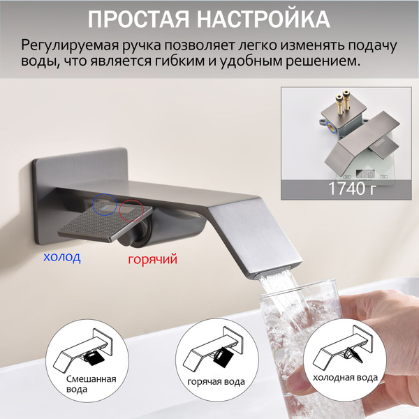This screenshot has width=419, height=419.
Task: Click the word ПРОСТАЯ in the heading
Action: click(138, 20)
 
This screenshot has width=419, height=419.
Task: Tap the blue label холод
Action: click(62, 257)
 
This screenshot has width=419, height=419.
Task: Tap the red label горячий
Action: click(152, 259)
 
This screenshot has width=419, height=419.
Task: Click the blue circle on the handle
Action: click(105, 205)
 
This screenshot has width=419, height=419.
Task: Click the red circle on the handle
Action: click(131, 210)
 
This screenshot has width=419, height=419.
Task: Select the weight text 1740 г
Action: click(352, 189)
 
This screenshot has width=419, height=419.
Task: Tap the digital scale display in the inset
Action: click(365, 174)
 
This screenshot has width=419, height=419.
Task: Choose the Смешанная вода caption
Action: click(91, 383)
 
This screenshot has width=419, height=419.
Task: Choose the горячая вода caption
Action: click(216, 381)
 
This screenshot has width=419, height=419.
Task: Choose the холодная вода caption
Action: click(345, 378)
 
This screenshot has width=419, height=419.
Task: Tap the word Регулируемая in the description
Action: click(70, 45)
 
